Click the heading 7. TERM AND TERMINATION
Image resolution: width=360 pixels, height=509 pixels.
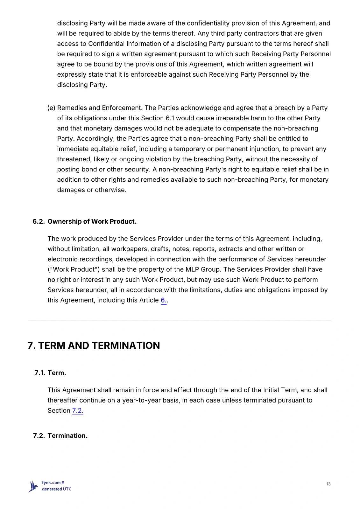pyautogui.click(x=94, y=345)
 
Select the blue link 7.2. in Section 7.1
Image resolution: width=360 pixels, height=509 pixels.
pyautogui.click(x=78, y=410)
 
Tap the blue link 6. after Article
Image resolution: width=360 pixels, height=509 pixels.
pyautogui.click(x=163, y=300)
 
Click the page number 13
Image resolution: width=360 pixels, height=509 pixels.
pyautogui.click(x=328, y=484)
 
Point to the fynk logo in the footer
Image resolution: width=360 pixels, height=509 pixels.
pyautogui.click(x=33, y=486)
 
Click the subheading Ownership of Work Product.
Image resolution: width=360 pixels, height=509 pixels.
pyautogui.click(x=92, y=221)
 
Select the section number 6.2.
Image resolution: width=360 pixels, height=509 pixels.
pyautogui.click(x=39, y=221)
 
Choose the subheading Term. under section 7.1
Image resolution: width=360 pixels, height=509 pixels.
pyautogui.click(x=57, y=373)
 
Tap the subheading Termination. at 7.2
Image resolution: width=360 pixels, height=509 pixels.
pyautogui.click(x=67, y=436)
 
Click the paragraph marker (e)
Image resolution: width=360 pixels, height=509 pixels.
pyautogui.click(x=51, y=108)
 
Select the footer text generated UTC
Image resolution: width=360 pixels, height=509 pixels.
pyautogui.click(x=57, y=489)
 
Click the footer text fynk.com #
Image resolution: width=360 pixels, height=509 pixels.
pyautogui.click(x=53, y=483)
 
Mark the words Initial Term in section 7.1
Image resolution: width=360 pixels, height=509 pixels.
pyautogui.click(x=280, y=390)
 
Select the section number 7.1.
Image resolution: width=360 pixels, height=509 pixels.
pyautogui.click(x=40, y=373)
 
